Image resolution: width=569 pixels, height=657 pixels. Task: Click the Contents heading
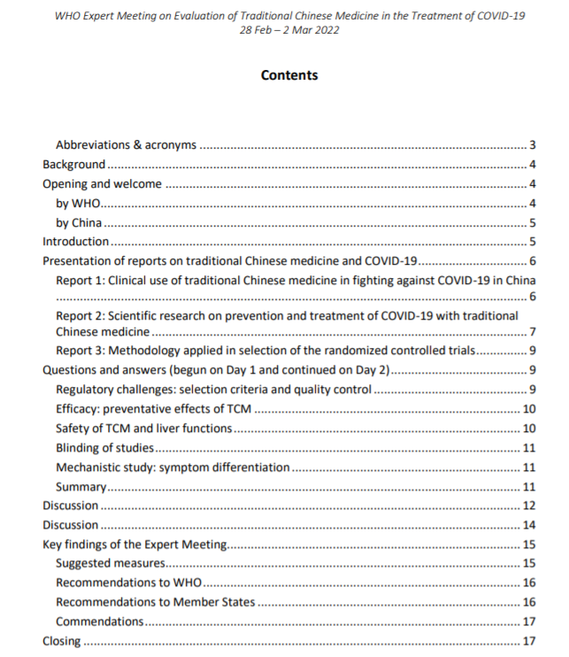289,75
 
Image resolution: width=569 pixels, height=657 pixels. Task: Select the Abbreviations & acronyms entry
126,144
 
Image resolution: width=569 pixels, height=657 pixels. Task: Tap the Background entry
74,164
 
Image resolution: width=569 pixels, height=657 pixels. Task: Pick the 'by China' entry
79,222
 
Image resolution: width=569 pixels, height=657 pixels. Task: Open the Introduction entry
76,241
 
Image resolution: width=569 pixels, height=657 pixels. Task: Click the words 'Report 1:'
81,280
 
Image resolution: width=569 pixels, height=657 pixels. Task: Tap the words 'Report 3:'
81,351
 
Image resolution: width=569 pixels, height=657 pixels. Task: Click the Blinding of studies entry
104,448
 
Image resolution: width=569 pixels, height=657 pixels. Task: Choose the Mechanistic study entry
173,467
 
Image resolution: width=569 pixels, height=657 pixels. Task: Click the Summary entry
81,486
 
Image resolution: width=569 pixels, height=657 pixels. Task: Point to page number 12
530,506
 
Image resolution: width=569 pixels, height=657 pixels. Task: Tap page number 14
530,525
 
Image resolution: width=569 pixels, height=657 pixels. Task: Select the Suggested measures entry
111,563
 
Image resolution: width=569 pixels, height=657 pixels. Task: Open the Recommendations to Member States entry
155,602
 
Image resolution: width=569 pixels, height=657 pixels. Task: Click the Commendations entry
99,622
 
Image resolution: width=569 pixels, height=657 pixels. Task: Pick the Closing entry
61,641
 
